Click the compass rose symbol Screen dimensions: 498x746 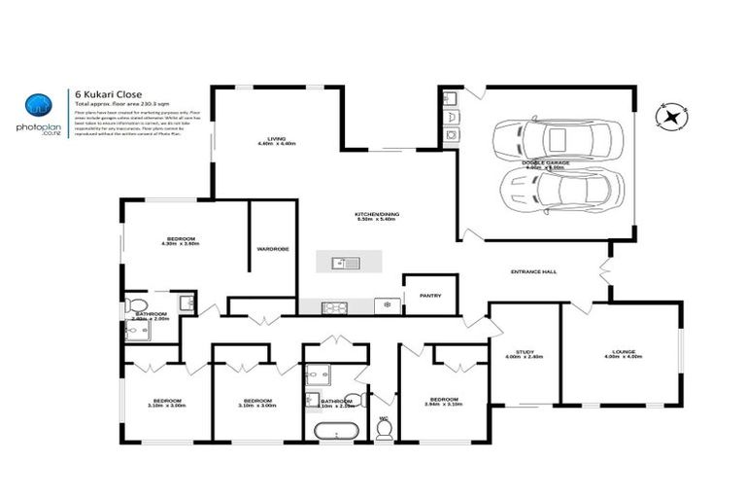[670, 116]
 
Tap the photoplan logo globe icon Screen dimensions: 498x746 [37, 106]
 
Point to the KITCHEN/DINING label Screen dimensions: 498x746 [379, 217]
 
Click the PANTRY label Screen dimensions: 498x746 [430, 296]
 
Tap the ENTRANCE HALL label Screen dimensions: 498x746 [534, 271]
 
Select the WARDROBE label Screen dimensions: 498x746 [272, 248]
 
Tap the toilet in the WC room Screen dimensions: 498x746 [384, 429]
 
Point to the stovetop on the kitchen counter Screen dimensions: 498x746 [335, 307]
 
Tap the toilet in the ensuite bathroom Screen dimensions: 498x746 [135, 307]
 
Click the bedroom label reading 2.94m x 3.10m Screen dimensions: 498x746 [444, 402]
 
